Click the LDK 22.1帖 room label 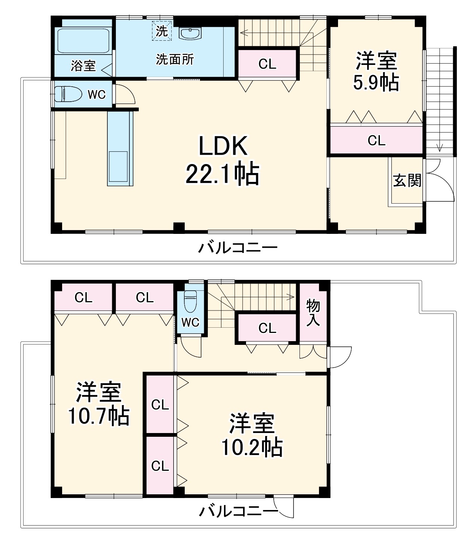tap(222, 160)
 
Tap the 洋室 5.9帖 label tap(376, 72)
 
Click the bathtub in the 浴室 tap(83, 40)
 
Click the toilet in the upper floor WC tap(68, 94)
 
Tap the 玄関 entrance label tap(406, 181)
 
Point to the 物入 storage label tap(313, 312)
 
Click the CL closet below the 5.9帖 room tap(376, 140)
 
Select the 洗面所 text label tap(175, 59)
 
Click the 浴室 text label tap(83, 66)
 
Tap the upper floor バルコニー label tap(238, 248)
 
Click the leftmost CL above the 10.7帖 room tap(83, 298)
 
